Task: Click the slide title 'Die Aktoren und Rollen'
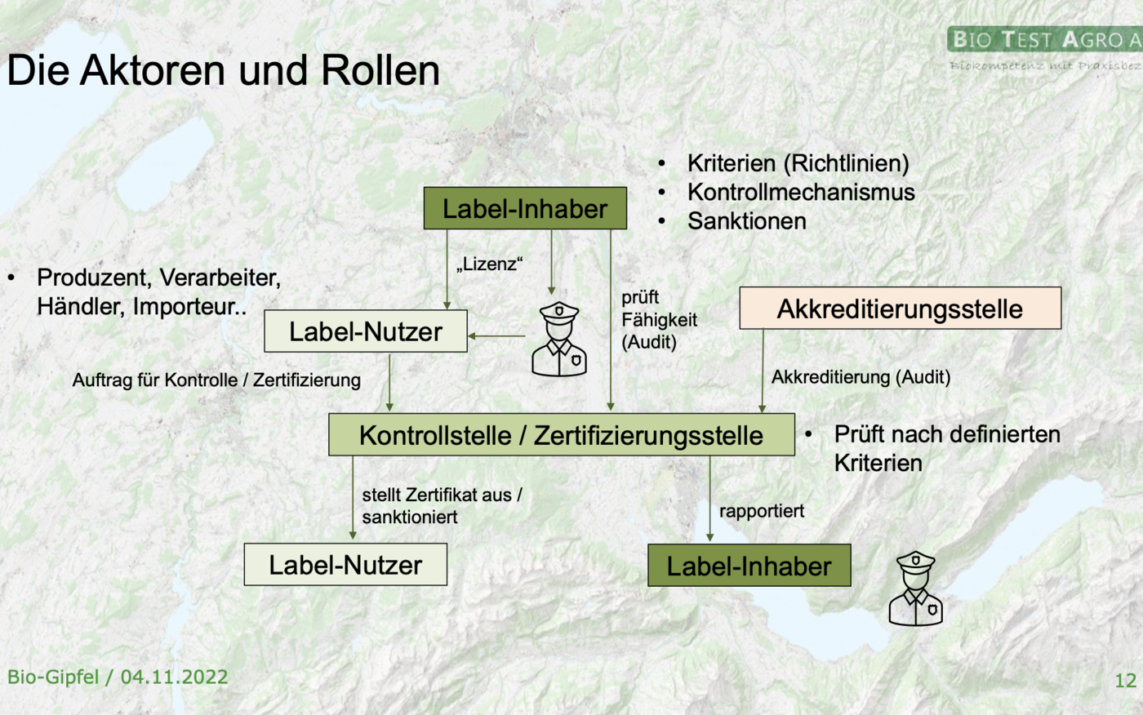coord(223,70)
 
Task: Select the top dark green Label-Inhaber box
coord(525,208)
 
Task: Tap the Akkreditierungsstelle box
coord(900,309)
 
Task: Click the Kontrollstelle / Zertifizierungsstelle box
coord(561,435)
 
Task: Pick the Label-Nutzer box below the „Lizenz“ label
coord(366,331)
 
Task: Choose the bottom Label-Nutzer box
coord(345,565)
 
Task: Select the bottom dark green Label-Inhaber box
coord(749,566)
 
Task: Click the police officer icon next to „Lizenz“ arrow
coord(558,340)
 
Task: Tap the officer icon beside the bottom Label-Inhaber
coord(915,588)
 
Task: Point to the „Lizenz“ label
coord(489,264)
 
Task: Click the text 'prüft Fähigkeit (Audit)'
coord(659,319)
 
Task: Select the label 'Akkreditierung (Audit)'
coord(861,377)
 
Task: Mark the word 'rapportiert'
coord(762,511)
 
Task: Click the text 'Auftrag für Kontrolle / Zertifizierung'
coord(216,380)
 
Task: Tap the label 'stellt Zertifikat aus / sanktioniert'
coord(442,506)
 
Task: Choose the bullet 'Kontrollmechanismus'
coord(800,192)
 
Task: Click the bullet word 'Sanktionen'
coord(746,221)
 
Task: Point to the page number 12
coord(1125,680)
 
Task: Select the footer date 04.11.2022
coord(174,677)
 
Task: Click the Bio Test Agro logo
coord(1045,47)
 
